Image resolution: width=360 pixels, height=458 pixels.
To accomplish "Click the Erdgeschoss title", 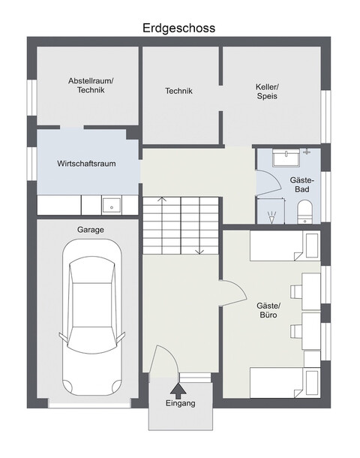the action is (x=178, y=29).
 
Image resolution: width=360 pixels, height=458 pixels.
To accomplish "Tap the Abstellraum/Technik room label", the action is (x=91, y=86).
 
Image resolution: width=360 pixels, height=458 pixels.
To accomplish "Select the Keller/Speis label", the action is (x=267, y=92).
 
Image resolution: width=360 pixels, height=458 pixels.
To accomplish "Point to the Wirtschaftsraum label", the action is (x=86, y=164).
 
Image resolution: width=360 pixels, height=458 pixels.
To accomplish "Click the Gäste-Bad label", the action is (x=302, y=185).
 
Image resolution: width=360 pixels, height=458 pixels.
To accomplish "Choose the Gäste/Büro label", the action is (x=268, y=310).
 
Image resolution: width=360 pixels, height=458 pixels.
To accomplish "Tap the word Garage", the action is (x=91, y=230).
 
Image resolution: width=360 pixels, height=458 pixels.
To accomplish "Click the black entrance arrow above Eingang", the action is (x=178, y=390).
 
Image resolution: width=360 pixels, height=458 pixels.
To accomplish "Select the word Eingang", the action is (x=180, y=403).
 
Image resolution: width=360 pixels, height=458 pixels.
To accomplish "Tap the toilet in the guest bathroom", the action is (x=304, y=212).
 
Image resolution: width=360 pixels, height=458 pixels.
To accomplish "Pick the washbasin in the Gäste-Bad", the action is (x=286, y=158).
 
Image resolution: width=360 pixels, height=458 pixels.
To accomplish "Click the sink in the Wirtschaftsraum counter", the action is (x=112, y=206).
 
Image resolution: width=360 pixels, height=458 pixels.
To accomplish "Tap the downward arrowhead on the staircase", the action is (x=199, y=252).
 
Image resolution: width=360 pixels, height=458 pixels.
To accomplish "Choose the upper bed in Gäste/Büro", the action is (x=285, y=246).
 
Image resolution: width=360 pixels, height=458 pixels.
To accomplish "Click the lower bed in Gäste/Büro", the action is (x=285, y=383).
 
